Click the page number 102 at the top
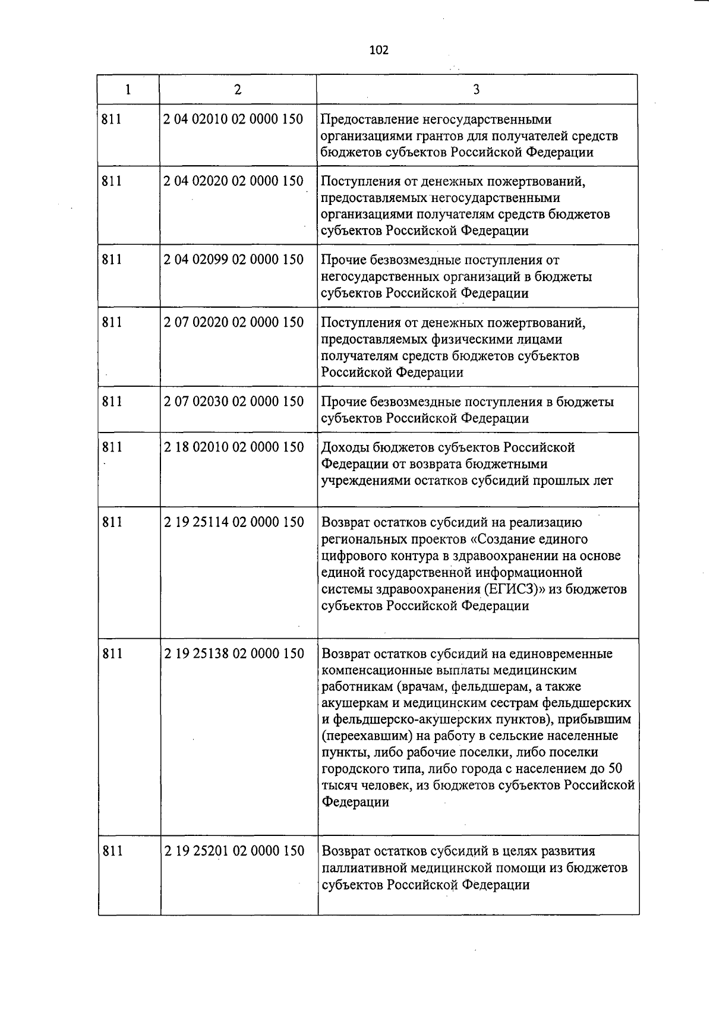(x=378, y=50)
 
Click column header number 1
(x=128, y=90)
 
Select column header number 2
(x=238, y=90)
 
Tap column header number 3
(x=477, y=90)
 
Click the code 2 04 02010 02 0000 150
(x=234, y=119)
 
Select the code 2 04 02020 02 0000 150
(x=234, y=181)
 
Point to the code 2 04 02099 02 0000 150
(x=234, y=260)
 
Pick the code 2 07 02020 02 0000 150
(x=234, y=323)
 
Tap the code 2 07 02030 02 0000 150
(x=234, y=402)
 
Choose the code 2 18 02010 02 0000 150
(x=234, y=447)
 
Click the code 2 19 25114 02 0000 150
(x=234, y=522)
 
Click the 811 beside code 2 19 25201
(x=112, y=851)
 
